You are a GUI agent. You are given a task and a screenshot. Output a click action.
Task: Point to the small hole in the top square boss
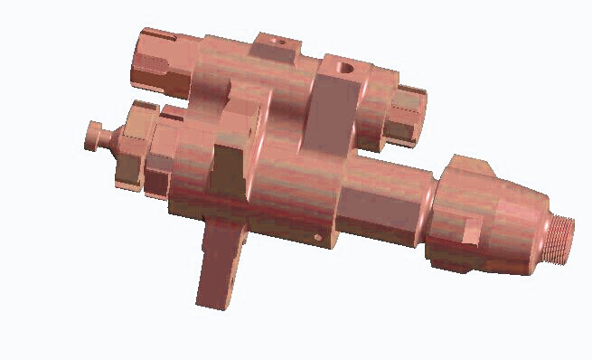pos(276,42)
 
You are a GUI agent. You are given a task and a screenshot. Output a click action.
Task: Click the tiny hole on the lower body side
pos(317,237)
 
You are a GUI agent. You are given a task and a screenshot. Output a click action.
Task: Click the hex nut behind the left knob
pos(131,145)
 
